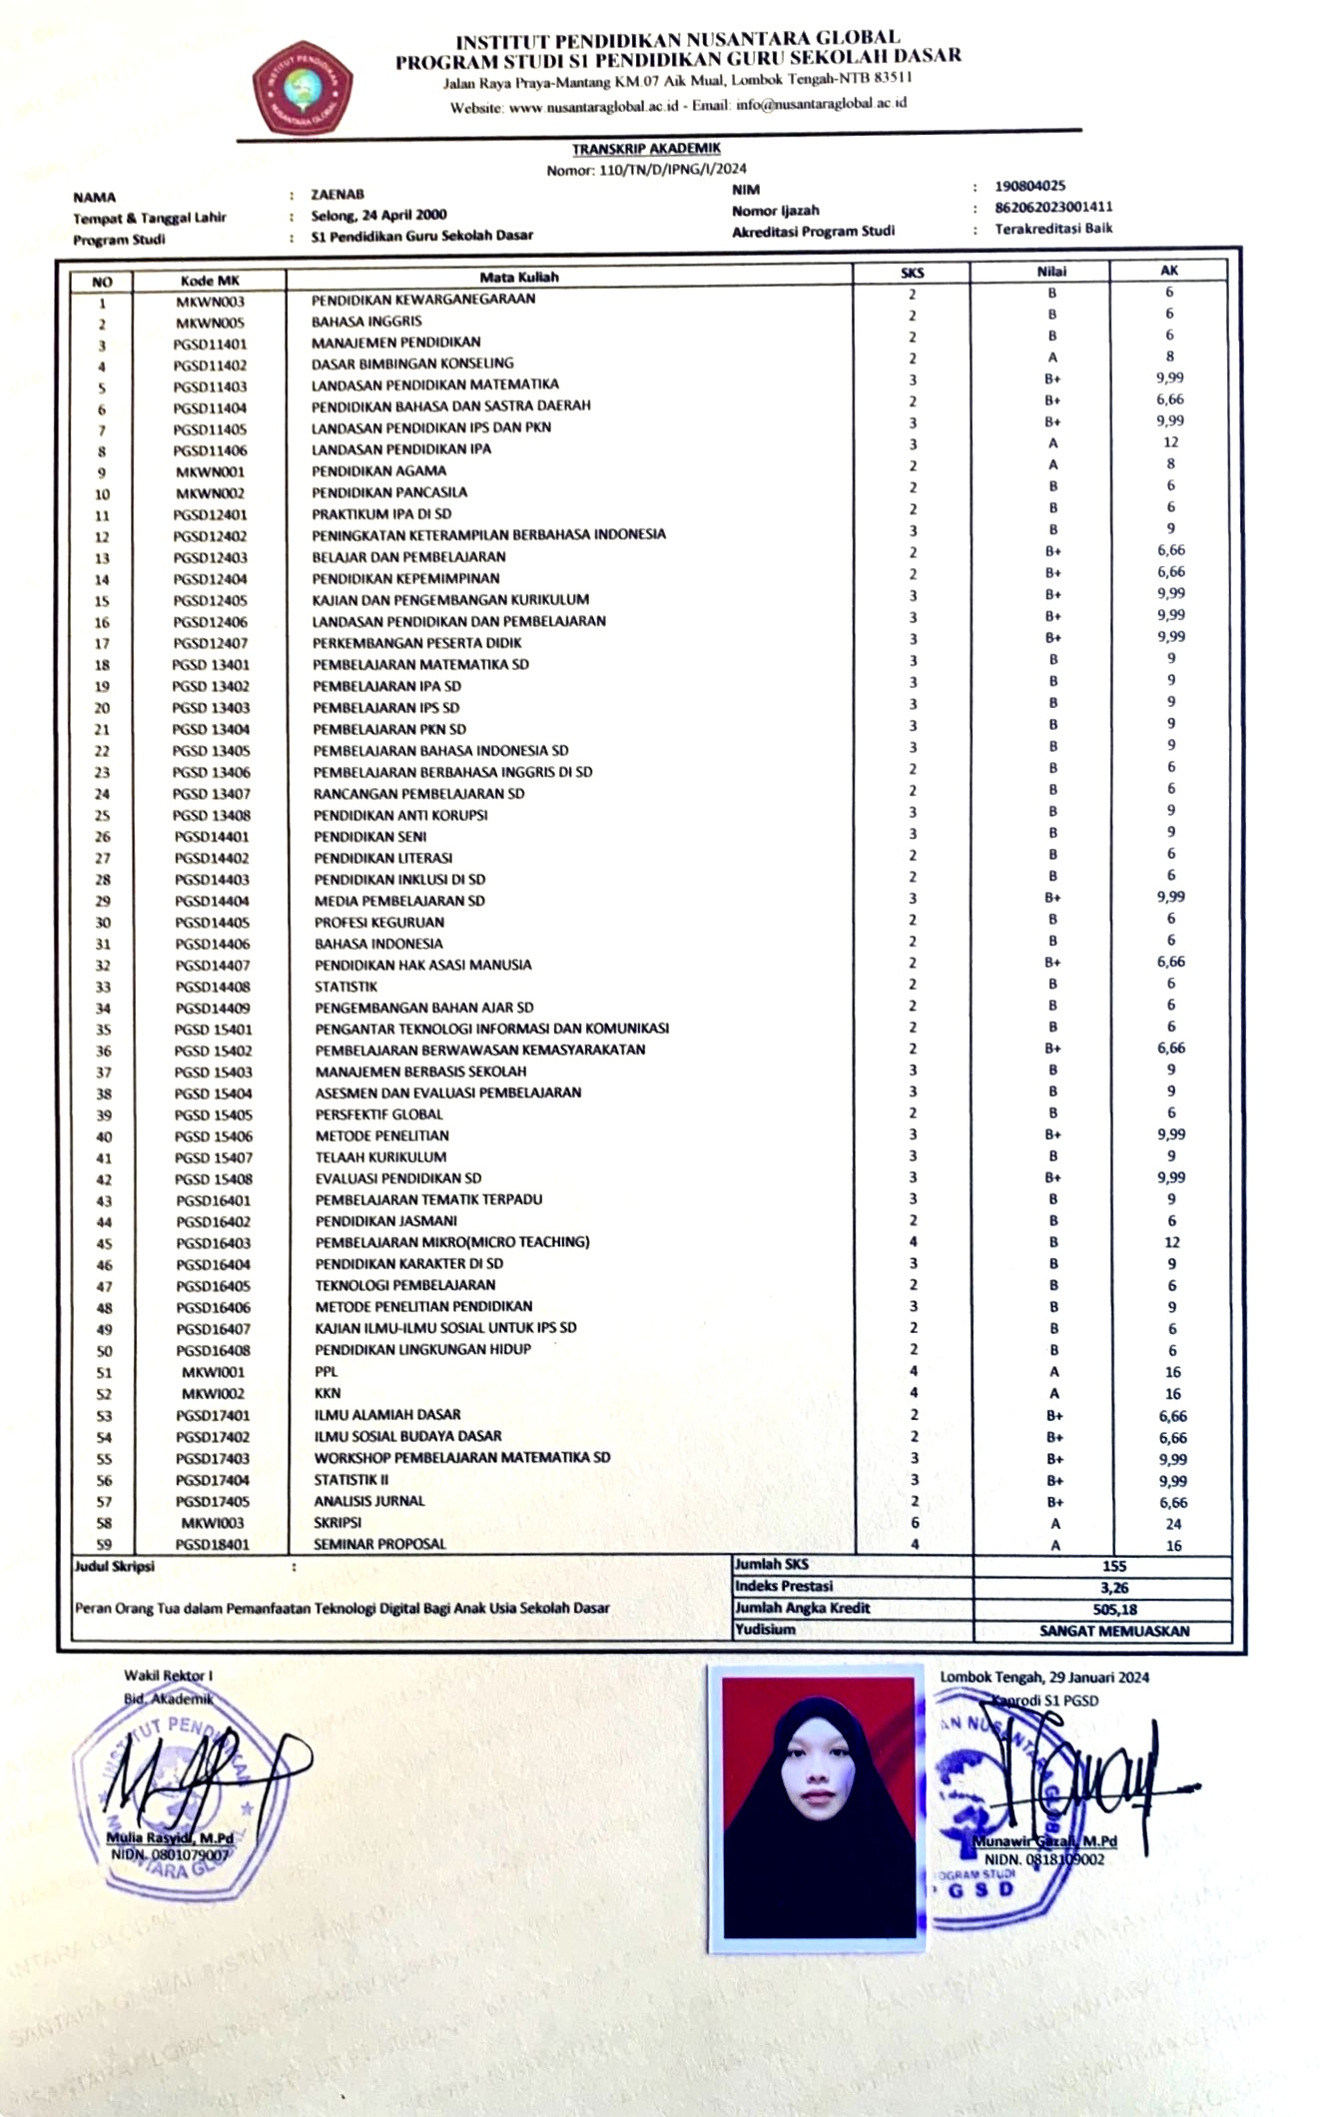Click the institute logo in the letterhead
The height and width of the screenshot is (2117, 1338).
[302, 89]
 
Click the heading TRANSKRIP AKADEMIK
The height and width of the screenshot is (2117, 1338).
[646, 149]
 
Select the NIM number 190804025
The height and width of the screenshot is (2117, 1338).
[1029, 186]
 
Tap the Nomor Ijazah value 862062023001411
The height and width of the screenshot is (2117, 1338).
[1052, 207]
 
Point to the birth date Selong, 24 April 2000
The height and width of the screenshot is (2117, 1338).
[378, 215]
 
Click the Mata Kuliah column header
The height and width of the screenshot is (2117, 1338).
[519, 278]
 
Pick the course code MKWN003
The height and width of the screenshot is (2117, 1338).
[210, 302]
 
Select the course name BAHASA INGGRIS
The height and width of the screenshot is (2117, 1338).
[366, 322]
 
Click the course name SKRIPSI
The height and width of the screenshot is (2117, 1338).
[337, 1523]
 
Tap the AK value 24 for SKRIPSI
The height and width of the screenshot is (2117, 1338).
[1172, 1524]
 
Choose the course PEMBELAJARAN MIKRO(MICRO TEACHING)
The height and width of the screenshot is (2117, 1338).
[452, 1242]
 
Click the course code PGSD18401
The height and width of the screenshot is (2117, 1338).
[213, 1545]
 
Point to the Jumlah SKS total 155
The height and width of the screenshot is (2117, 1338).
[1114, 1566]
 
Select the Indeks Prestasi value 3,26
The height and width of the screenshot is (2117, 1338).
[1114, 1588]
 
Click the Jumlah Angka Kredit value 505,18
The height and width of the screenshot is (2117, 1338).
[1114, 1609]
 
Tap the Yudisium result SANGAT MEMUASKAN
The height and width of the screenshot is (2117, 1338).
[1114, 1631]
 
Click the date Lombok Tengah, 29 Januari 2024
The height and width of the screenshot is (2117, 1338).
[1043, 1677]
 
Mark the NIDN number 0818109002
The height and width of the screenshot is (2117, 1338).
[1043, 1859]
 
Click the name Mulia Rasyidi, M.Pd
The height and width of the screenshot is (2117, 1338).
[170, 1838]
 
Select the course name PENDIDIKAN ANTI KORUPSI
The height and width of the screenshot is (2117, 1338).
[400, 815]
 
